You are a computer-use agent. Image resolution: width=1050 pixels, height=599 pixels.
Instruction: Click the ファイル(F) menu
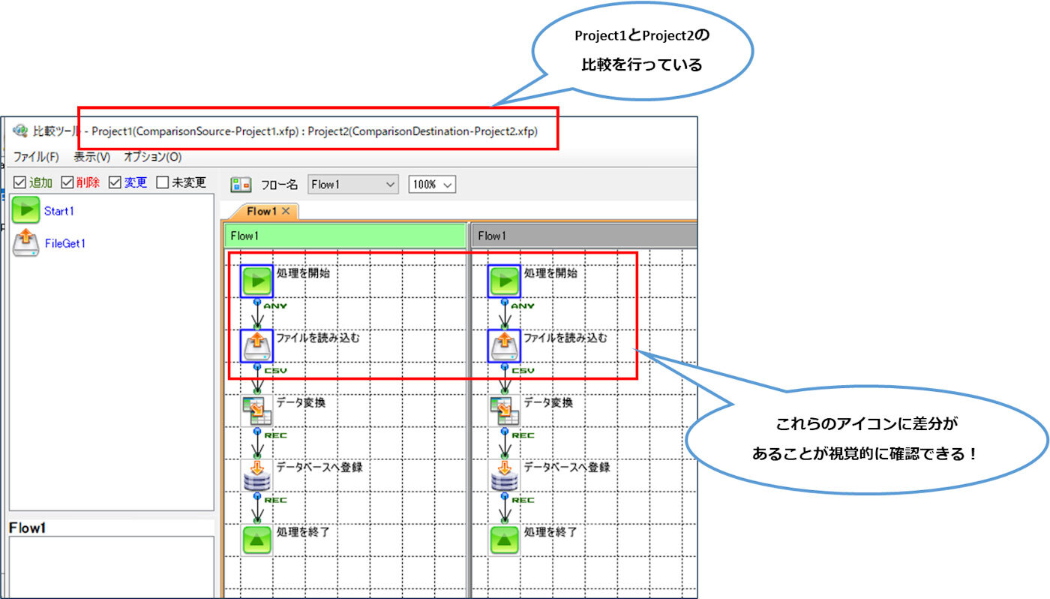pyautogui.click(x=35, y=158)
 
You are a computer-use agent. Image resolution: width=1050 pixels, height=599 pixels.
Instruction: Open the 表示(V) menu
pyautogui.click(x=91, y=158)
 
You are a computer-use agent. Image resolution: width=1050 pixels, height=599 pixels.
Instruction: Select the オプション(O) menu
pyautogui.click(x=152, y=158)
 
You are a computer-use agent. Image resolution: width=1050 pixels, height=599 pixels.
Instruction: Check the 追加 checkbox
pyautogui.click(x=20, y=182)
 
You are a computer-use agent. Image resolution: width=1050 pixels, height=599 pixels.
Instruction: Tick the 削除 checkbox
pyautogui.click(x=67, y=182)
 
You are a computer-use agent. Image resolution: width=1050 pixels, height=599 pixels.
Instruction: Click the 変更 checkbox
pyautogui.click(x=115, y=182)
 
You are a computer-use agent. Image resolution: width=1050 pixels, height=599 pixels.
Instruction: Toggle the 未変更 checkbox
pyautogui.click(x=162, y=182)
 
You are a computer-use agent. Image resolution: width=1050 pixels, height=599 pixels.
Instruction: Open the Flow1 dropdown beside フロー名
pyautogui.click(x=353, y=185)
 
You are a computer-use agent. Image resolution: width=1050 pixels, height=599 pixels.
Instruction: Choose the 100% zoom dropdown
pyautogui.click(x=432, y=185)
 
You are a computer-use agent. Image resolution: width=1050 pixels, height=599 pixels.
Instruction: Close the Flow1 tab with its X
pyautogui.click(x=286, y=211)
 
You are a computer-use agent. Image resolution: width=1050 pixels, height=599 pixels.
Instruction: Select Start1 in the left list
pyautogui.click(x=58, y=211)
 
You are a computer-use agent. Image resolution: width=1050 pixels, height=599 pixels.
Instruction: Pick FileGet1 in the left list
pyautogui.click(x=65, y=243)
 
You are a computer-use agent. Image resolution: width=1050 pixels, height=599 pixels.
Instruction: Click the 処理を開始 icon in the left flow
pyautogui.click(x=256, y=281)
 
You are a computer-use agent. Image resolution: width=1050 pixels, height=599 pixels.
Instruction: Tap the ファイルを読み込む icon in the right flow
pyautogui.click(x=504, y=346)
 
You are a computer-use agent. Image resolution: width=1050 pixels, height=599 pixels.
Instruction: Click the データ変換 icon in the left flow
pyautogui.click(x=256, y=411)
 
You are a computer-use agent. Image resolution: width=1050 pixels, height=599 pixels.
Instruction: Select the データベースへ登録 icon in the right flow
pyautogui.click(x=504, y=475)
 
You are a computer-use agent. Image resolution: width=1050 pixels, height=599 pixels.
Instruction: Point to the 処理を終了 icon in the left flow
pyautogui.click(x=256, y=540)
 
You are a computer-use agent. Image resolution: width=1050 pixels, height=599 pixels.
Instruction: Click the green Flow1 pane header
pyautogui.click(x=345, y=236)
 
